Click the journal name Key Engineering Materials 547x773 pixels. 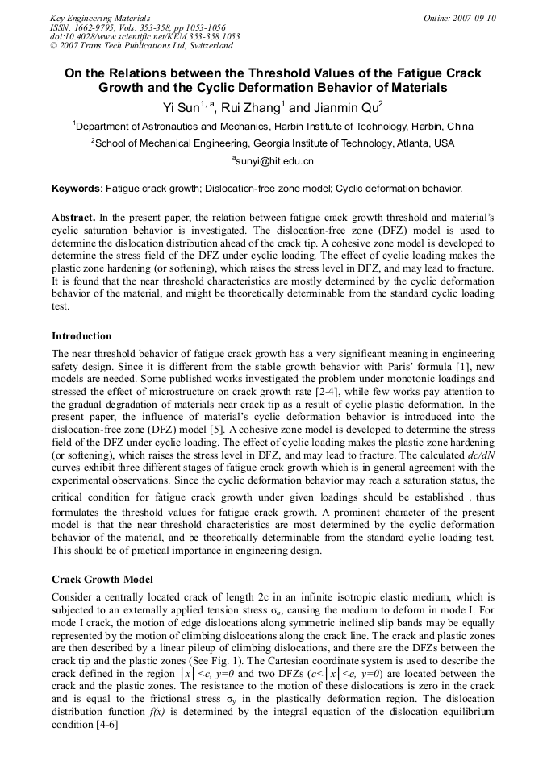(100, 18)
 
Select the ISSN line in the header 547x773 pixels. (138, 27)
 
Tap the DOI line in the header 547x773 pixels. (144, 36)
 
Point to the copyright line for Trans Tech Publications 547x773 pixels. (134, 45)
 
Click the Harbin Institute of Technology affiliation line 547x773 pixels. (273, 127)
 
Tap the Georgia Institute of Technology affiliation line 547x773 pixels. (273, 143)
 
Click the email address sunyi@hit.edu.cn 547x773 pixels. (274, 161)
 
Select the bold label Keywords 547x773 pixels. (76, 189)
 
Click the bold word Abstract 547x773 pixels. (73, 218)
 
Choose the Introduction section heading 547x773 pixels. (81, 335)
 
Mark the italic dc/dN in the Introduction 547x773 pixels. (451, 455)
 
